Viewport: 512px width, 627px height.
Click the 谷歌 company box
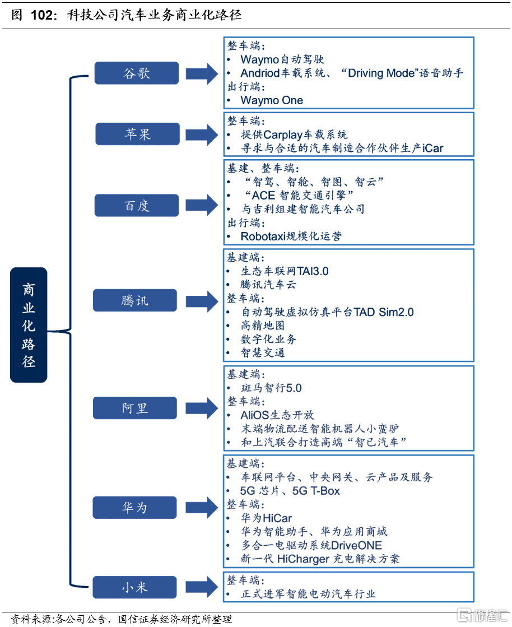[137, 73]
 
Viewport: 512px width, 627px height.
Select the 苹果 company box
[137, 134]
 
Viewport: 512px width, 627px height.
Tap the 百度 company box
[137, 206]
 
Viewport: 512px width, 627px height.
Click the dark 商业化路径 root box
[29, 325]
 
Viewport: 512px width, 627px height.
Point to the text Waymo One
[272, 101]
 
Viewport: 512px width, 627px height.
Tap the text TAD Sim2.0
[384, 312]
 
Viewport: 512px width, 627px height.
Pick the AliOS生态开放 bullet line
[277, 415]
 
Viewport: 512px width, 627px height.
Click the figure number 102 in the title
[43, 15]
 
